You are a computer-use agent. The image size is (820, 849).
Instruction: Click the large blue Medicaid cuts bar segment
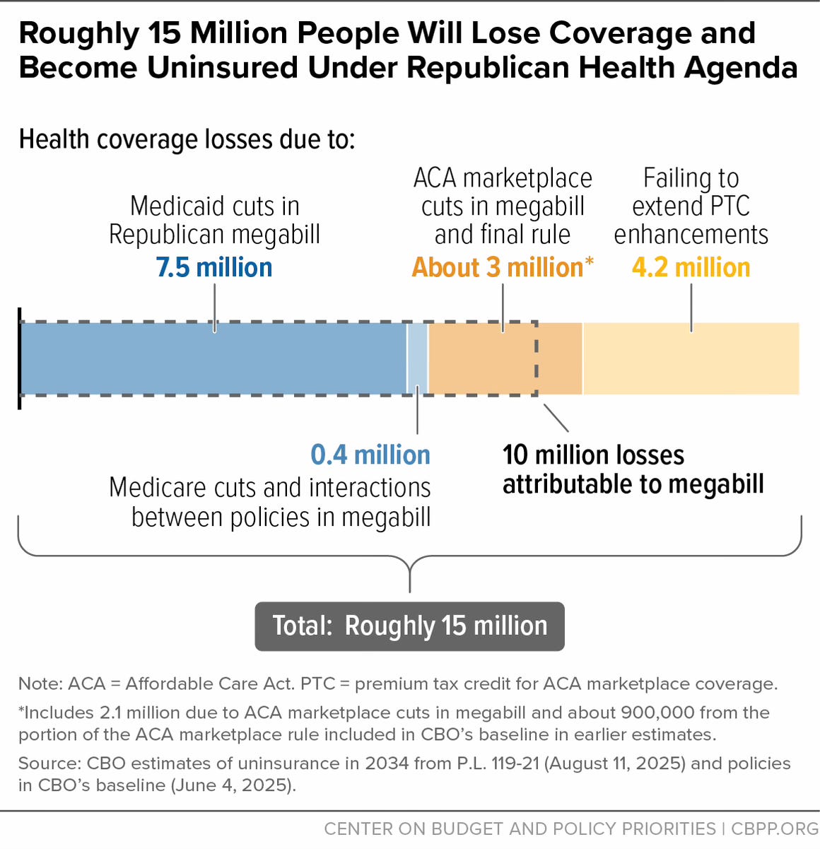tap(212, 358)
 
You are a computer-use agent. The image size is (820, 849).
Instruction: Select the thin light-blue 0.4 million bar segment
tap(418, 358)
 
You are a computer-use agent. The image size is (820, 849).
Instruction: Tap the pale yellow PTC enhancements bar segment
tap(691, 358)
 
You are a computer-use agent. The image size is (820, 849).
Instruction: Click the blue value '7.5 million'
tap(214, 268)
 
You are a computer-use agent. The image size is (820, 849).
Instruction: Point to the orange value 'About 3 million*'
tap(503, 268)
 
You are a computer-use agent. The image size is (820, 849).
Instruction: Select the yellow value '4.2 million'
tap(691, 268)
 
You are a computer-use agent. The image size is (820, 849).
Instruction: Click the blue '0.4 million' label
tap(370, 455)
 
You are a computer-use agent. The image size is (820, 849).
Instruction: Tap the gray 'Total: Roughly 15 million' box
tap(409, 626)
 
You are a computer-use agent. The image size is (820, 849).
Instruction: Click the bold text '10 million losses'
tap(593, 455)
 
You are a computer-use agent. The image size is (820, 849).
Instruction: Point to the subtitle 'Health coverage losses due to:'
tap(187, 139)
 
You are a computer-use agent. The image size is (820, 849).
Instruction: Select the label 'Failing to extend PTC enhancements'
tap(691, 206)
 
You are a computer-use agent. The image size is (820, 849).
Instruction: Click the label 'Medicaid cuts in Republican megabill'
tap(214, 220)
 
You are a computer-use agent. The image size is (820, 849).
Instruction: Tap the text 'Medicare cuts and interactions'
tap(269, 488)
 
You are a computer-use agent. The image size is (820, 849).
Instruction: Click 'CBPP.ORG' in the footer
tap(775, 828)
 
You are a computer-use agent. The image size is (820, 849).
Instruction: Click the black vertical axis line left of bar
tap(19, 358)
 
